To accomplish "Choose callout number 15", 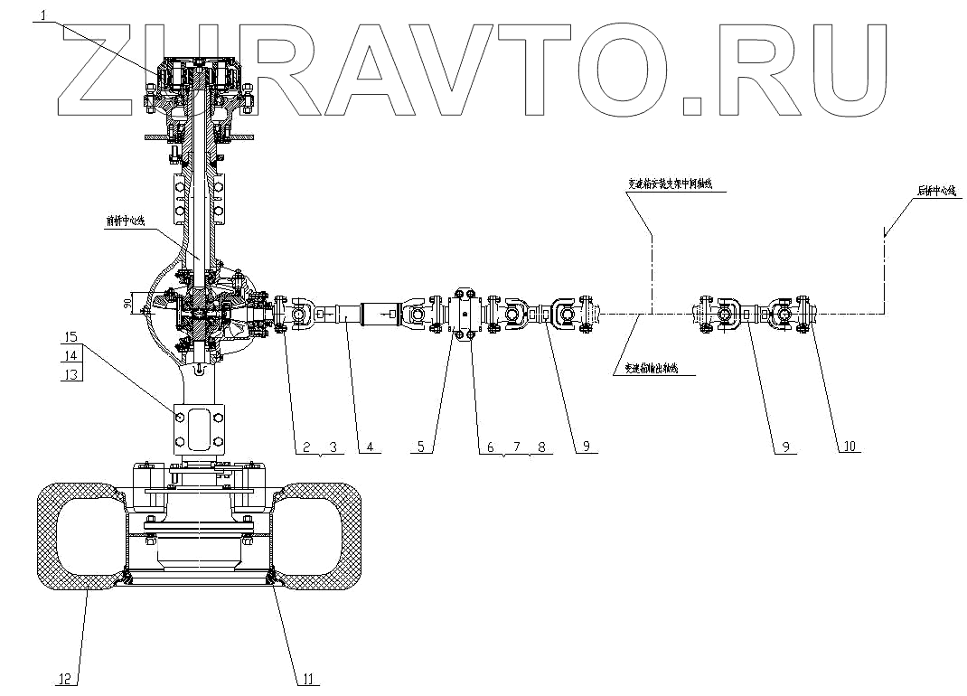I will tap(71, 337).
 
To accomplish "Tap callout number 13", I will tap(71, 373).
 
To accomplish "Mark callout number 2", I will tap(307, 447).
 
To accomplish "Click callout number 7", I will tap(515, 447).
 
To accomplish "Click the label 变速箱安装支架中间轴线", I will tap(671, 183).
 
